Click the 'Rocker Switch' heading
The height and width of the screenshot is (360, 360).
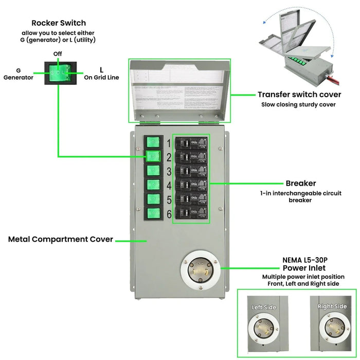[x=59, y=23]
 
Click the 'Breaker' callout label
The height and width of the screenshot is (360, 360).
[x=301, y=183]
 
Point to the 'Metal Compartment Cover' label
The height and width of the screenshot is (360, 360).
[x=61, y=239]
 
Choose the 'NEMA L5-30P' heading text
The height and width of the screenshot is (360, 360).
[x=301, y=260]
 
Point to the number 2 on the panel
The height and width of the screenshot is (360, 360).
[x=168, y=157]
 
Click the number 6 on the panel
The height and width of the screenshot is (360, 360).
[x=168, y=213]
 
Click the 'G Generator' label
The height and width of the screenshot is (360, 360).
[x=19, y=74]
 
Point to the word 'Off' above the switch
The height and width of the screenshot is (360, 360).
[x=58, y=53]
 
